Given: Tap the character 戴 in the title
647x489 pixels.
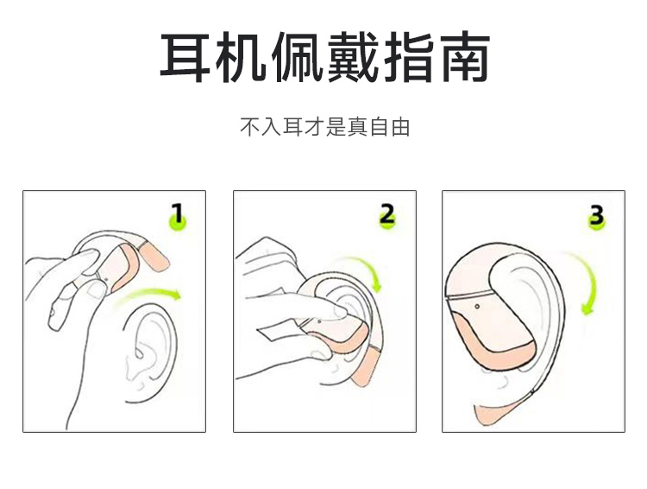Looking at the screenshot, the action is (x=353, y=57).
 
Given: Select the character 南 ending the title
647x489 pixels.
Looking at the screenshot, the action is (x=465, y=57).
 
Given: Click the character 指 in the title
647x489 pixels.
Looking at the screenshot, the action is (x=409, y=57).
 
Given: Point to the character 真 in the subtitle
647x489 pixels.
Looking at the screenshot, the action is (x=357, y=127).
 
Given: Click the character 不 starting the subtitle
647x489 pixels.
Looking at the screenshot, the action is (x=250, y=127).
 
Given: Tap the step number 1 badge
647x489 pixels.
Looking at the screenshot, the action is (x=178, y=216).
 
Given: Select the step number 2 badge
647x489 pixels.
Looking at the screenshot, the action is (x=387, y=216).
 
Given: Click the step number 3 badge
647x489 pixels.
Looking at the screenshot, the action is (x=597, y=216).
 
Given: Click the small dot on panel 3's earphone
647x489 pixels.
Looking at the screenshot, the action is (x=477, y=307).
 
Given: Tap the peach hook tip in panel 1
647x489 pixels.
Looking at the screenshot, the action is (x=154, y=256).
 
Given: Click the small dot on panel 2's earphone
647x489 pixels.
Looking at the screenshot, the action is (x=320, y=321).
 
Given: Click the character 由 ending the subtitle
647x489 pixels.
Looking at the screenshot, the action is (x=399, y=127).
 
